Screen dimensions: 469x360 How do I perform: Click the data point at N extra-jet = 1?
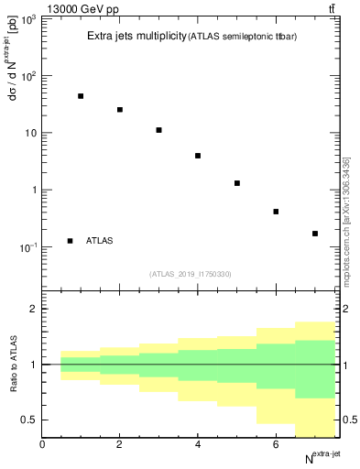click(81, 96)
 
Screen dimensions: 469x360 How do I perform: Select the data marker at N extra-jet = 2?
click(120, 110)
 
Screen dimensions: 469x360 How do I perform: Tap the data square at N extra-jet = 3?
click(159, 130)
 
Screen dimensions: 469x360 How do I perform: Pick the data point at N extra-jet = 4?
click(198, 156)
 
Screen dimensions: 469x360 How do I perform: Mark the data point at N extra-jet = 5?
click(237, 183)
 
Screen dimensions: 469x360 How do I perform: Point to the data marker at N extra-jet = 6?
click(276, 212)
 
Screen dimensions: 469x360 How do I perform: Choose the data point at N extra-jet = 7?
click(315, 234)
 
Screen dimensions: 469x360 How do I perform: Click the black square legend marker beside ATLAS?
click(70, 241)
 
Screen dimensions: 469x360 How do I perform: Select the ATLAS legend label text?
click(100, 241)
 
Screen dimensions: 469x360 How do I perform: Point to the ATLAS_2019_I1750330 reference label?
click(191, 274)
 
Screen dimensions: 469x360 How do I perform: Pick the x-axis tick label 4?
click(198, 443)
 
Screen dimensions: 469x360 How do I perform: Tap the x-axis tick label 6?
click(276, 443)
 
